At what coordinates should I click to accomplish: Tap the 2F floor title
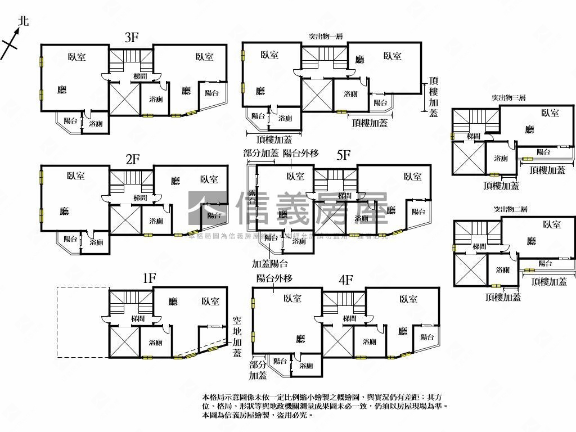[133, 159]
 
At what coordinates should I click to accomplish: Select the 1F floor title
[148, 278]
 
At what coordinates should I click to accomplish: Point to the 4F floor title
[346, 280]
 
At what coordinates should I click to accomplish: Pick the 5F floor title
[344, 156]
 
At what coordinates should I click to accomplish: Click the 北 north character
[23, 21]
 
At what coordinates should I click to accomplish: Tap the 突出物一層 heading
[326, 36]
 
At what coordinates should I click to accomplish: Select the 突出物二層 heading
[510, 209]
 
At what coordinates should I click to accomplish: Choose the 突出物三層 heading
[508, 98]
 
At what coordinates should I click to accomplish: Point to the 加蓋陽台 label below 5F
[270, 263]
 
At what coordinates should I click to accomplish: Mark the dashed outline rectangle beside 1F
[83, 322]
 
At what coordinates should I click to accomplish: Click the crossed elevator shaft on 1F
[124, 341]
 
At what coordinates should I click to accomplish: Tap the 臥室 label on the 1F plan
[211, 302]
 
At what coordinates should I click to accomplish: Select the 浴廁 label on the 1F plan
[156, 342]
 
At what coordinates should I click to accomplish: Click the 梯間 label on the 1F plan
[138, 319]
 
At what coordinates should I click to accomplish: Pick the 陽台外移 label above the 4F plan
[274, 278]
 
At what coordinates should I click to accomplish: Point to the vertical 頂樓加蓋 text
[433, 97]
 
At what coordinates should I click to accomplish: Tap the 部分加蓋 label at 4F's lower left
[258, 370]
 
